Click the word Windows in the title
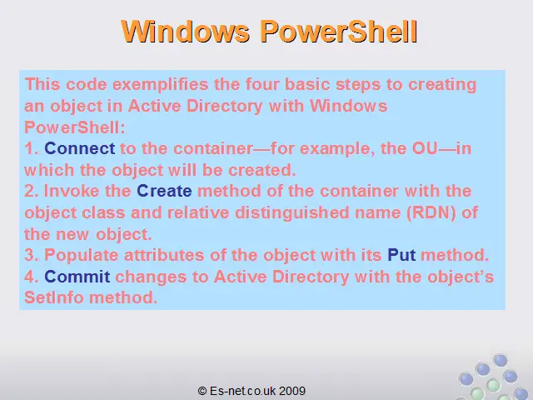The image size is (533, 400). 186,32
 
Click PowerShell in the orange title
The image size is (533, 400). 339,32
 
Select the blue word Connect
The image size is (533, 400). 80,148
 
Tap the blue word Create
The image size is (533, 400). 164,191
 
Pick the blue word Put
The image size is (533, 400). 401,255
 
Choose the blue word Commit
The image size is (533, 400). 77,276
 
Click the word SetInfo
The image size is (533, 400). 53,297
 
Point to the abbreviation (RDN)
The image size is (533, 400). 431,212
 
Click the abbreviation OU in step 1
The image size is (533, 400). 425,148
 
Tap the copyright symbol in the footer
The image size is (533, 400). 202,391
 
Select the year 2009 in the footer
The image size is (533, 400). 292,391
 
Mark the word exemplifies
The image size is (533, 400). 161,85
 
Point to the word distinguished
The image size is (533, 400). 292,213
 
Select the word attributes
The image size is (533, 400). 164,255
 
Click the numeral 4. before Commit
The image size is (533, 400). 32,276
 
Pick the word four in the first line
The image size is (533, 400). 262,84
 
